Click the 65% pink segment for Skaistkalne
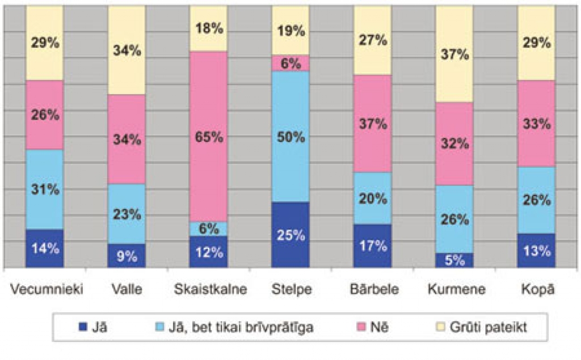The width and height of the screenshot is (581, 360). click(208, 137)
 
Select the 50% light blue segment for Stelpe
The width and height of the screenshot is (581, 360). click(290, 137)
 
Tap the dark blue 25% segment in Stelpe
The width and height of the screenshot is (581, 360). click(290, 235)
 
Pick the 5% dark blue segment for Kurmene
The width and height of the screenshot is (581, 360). click(454, 260)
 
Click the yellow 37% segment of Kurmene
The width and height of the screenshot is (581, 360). click(454, 54)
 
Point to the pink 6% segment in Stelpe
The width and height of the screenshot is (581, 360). click(290, 63)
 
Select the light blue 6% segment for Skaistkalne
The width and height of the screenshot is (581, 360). click(208, 229)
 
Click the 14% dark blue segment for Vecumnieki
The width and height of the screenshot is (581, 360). click(45, 248)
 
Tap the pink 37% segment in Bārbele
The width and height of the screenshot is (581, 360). click(372, 124)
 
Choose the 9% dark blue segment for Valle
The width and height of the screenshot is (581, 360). click(127, 256)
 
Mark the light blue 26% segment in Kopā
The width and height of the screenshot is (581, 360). click(536, 200)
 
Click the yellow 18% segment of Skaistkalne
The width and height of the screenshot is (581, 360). click(208, 29)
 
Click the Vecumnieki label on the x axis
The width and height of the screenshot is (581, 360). click(47, 290)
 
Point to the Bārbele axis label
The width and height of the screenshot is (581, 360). click(373, 290)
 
